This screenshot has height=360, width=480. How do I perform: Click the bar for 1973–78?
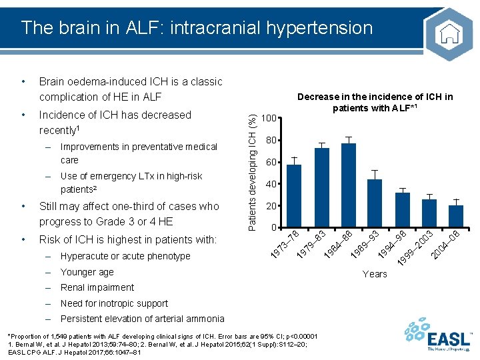tap(294, 196)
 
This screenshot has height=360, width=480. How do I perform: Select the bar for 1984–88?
tap(349, 185)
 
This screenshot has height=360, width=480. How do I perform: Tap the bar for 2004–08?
tap(456, 216)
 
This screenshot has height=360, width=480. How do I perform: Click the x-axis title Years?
tap(375, 274)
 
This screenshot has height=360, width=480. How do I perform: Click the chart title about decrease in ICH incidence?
tap(375, 102)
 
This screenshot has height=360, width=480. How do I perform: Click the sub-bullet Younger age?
tap(87, 272)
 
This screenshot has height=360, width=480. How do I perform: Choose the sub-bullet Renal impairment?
tap(97, 287)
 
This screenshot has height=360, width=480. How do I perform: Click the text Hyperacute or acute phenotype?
tap(125, 256)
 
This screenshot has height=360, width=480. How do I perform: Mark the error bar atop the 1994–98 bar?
tap(402, 191)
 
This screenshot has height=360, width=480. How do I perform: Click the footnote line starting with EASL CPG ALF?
tap(74, 353)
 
